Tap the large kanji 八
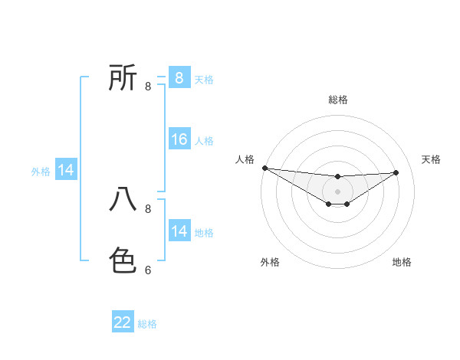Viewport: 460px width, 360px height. point(123,199)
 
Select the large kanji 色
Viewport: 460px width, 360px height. point(123,260)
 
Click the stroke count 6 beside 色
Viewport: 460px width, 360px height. point(148,270)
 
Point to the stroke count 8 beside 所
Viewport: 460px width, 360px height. point(148,86)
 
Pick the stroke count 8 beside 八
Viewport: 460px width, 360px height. point(148,208)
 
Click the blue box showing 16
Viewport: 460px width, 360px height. point(179,139)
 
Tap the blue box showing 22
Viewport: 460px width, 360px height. point(123,322)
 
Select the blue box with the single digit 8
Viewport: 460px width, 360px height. point(179,78)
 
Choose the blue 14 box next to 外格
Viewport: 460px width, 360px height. point(66,170)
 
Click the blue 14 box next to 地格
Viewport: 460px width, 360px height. point(179,231)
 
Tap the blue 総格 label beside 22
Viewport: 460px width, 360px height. point(147,324)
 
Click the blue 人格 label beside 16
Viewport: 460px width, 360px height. point(204,141)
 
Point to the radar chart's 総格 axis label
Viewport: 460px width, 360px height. point(338,100)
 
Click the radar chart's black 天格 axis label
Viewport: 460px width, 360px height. point(431,159)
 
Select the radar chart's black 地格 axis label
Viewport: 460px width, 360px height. point(402,262)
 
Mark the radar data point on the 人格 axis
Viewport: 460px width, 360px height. point(264,168)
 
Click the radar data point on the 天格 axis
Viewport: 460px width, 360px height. point(396,172)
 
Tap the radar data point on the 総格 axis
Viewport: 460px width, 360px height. point(338,177)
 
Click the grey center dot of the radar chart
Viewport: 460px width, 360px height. point(338,191)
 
